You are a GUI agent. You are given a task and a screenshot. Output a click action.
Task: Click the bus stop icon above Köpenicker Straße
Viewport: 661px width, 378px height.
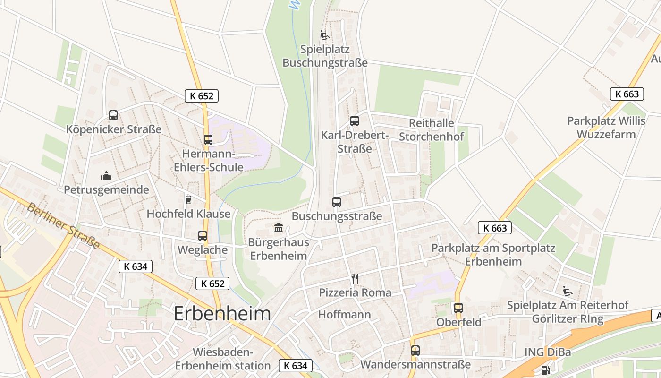(113, 115)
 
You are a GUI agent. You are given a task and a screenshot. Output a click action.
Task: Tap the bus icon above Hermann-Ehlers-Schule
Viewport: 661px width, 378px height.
(208, 140)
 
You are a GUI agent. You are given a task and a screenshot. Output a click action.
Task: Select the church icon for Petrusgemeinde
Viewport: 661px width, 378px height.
(106, 176)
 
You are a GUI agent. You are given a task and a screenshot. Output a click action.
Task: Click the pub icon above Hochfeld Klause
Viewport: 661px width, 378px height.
(188, 199)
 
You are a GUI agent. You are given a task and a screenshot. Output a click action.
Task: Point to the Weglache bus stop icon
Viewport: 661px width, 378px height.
(203, 235)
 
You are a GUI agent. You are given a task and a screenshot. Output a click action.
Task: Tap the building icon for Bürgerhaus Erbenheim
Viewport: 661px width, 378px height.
(279, 228)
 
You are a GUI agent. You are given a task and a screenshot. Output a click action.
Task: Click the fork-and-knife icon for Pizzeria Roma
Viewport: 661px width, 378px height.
(355, 279)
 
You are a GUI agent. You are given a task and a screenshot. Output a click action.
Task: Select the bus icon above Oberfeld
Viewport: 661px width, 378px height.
(458, 308)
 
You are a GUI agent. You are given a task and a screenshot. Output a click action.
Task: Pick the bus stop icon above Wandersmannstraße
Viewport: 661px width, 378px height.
(415, 351)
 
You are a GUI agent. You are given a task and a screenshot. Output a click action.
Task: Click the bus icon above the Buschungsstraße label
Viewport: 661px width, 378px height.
(337, 202)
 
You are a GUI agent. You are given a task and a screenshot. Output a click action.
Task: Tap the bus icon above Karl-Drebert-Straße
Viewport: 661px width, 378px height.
(355, 121)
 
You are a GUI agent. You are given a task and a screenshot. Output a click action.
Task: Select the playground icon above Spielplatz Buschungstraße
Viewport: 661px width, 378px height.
(324, 35)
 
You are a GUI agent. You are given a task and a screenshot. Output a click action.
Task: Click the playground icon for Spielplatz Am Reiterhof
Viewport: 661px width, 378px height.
(568, 291)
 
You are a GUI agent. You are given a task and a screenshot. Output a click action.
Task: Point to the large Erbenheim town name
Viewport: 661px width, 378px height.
(222, 313)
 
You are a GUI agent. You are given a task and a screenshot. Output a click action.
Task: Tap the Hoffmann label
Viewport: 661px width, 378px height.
(345, 315)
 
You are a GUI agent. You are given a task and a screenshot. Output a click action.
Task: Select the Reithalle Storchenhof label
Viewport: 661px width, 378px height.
(432, 130)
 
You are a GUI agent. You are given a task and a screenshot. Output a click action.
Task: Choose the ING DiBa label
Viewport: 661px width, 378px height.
(548, 352)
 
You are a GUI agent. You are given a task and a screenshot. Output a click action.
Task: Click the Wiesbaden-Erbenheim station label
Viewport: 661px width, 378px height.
(223, 359)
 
